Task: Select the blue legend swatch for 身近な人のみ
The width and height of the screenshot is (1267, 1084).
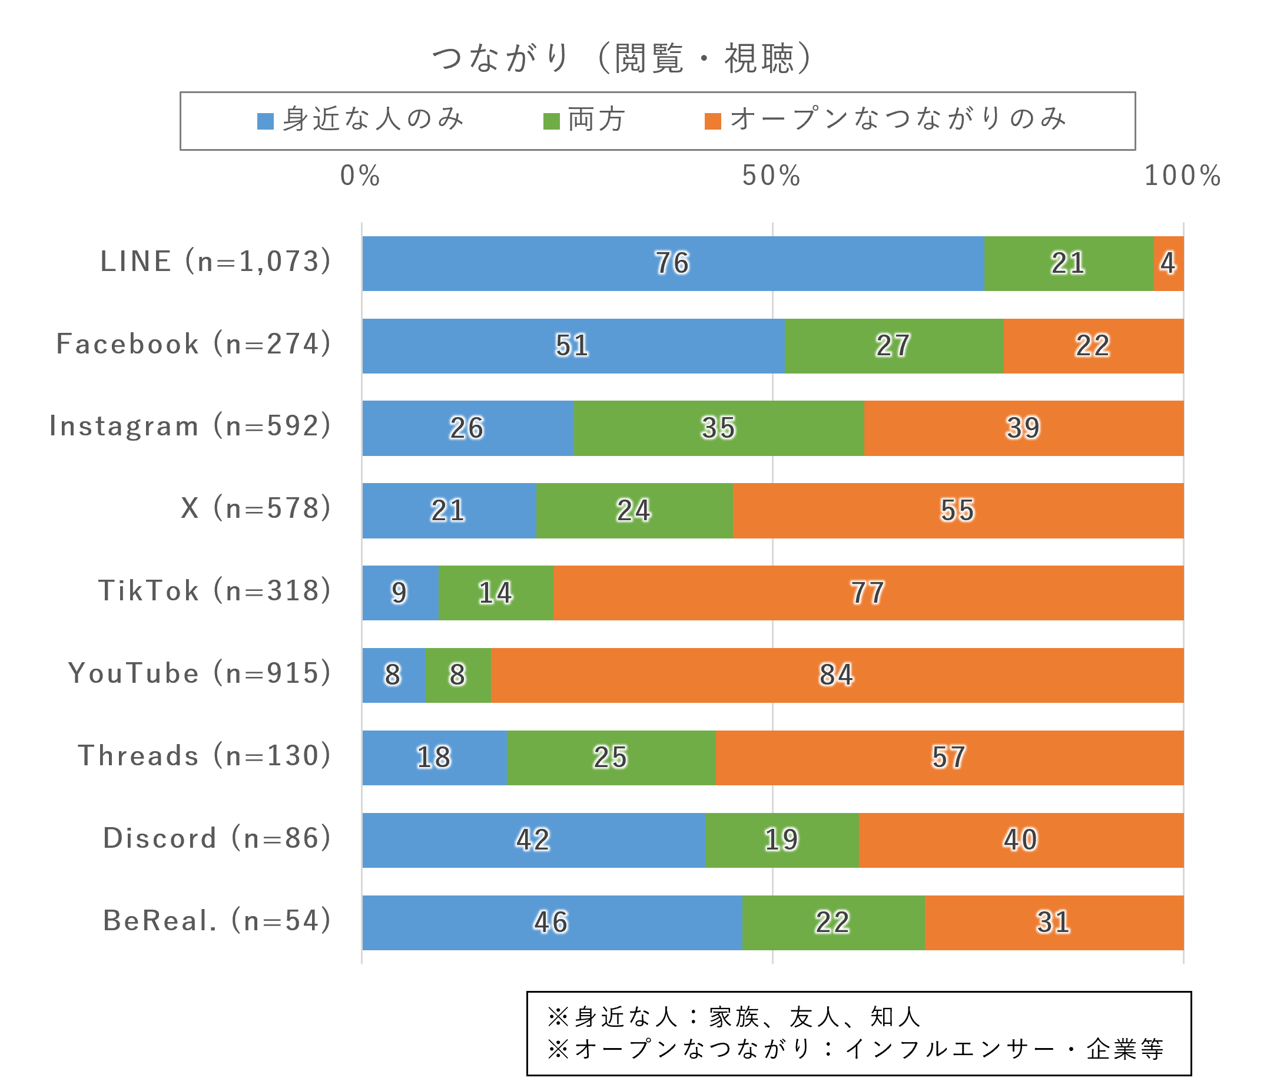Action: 266,121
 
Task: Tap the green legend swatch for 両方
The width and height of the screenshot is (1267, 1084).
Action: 552,121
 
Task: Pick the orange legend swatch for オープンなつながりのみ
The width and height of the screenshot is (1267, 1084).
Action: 713,121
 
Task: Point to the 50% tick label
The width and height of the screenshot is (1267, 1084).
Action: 771,176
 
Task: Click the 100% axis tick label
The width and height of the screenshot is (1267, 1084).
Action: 1182,176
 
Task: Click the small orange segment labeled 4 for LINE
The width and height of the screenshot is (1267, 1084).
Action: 1169,264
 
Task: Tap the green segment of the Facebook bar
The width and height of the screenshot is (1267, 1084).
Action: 893,346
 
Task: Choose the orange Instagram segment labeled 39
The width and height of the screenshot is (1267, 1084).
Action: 1023,428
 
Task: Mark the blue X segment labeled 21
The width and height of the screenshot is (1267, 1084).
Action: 448,511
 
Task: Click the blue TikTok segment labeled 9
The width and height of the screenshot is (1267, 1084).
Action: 400,593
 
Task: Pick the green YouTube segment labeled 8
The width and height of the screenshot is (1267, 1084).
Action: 458,675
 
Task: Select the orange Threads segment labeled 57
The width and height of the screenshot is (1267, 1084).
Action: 949,758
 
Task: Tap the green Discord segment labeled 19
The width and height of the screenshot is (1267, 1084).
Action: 782,840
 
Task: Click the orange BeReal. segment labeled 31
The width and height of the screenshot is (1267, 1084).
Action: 1054,923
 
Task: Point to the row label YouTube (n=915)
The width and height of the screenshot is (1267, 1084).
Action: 200,673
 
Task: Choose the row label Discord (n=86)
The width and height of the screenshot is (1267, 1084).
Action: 217,838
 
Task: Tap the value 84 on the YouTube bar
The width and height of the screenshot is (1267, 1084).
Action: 837,675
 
